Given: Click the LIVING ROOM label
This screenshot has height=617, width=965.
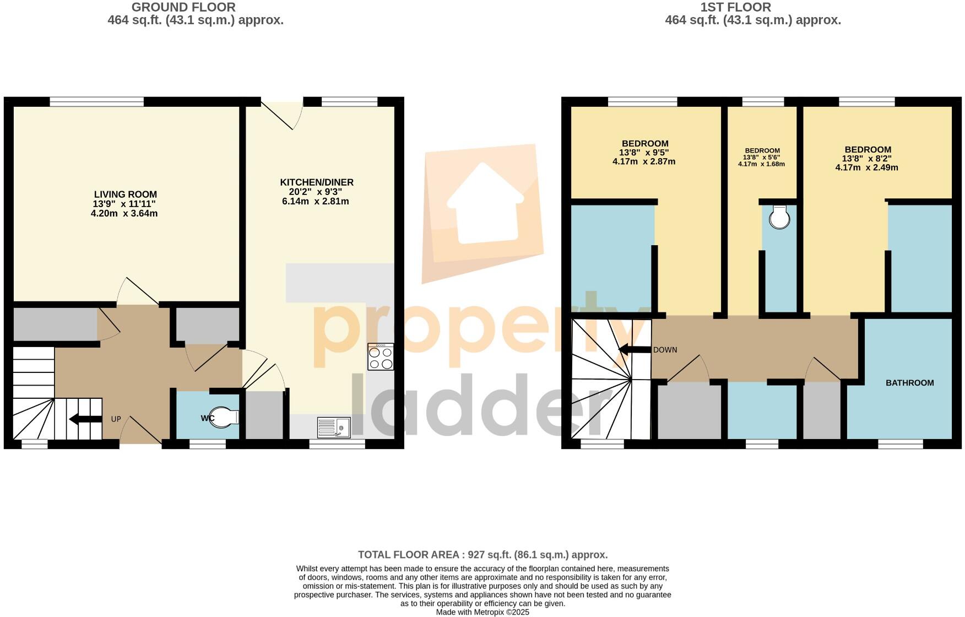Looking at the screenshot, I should pyautogui.click(x=125, y=194).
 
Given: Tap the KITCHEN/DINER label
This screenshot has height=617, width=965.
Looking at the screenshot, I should pyautogui.click(x=317, y=182).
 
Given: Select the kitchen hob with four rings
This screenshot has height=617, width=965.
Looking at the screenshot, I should pyautogui.click(x=381, y=357).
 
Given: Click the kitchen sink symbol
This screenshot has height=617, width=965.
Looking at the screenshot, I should pyautogui.click(x=334, y=427).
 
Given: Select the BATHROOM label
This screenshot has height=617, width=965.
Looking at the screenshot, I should pyautogui.click(x=909, y=383).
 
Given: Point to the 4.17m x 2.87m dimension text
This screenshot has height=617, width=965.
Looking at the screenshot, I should pyautogui.click(x=643, y=162).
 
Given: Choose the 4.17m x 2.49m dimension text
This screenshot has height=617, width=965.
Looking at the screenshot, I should pyautogui.click(x=866, y=167).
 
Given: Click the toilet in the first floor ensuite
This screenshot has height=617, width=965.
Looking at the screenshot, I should pyautogui.click(x=779, y=218).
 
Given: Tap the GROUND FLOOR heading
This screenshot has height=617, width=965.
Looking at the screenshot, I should pyautogui.click(x=183, y=7).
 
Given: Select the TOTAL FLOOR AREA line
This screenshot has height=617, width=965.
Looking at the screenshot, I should pyautogui.click(x=482, y=555).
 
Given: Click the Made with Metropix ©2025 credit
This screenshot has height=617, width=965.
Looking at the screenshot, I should pyautogui.click(x=482, y=612).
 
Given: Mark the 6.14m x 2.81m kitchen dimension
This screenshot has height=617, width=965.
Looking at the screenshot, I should pyautogui.click(x=315, y=202).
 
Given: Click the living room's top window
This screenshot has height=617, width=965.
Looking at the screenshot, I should pyautogui.click(x=97, y=101).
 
